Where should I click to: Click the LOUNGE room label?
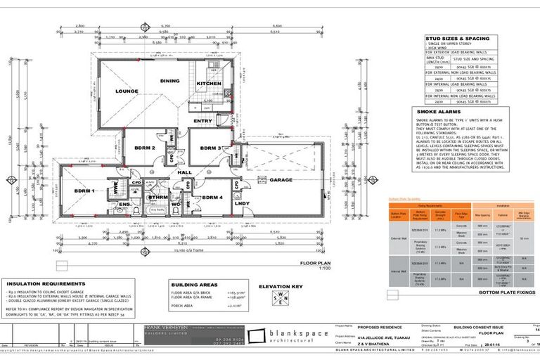point(127,91)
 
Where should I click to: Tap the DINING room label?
point(169,81)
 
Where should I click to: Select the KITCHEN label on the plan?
point(207,84)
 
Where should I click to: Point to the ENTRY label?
point(202,122)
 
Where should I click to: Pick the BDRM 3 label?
point(210,148)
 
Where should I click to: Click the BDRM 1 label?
point(84,191)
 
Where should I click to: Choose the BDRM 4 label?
point(213,198)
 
